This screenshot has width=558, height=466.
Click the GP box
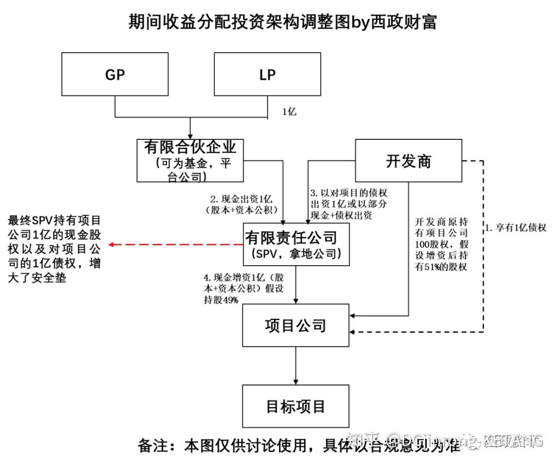pos(115,75)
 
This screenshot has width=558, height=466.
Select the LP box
pos(267,75)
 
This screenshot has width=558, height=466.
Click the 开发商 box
pos(408,162)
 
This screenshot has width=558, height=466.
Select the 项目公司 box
pos(296,325)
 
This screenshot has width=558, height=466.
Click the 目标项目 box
pos(296,406)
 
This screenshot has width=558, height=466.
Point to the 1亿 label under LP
pos(289,111)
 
